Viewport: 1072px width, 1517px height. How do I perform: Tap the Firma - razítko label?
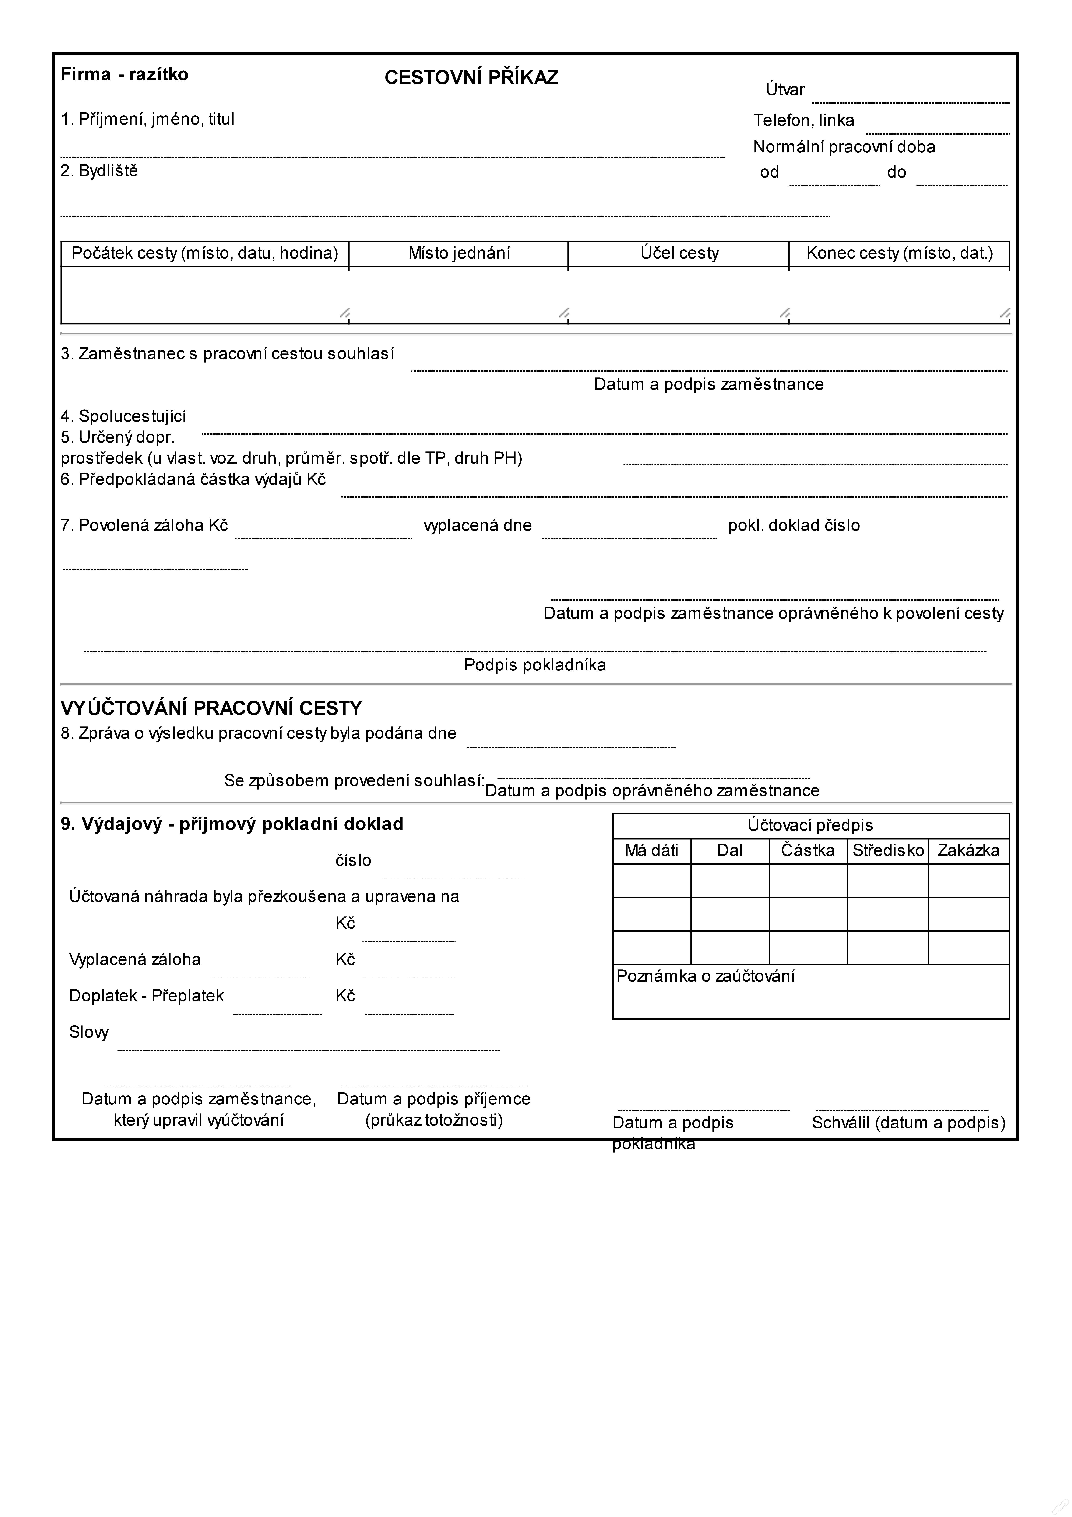124,74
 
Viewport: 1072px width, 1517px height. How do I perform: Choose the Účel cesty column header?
679,253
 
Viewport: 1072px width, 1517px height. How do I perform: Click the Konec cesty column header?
899,253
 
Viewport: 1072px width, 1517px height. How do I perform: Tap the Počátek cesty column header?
205,253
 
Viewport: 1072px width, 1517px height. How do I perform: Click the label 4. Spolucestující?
124,416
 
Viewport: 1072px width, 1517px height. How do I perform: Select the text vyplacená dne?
478,525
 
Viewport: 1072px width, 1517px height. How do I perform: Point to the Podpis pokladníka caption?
535,665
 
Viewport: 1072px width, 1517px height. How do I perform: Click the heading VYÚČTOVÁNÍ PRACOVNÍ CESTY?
211,708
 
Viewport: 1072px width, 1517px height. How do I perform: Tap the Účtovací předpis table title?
811,825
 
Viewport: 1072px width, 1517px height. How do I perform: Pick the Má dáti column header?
651,850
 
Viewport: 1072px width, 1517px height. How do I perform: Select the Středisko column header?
888,850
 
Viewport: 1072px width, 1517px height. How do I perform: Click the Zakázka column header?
968,850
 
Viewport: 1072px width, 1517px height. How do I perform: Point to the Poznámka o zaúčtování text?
705,976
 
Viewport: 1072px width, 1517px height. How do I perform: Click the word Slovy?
89,1032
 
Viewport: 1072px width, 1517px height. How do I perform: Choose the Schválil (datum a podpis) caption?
908,1122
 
